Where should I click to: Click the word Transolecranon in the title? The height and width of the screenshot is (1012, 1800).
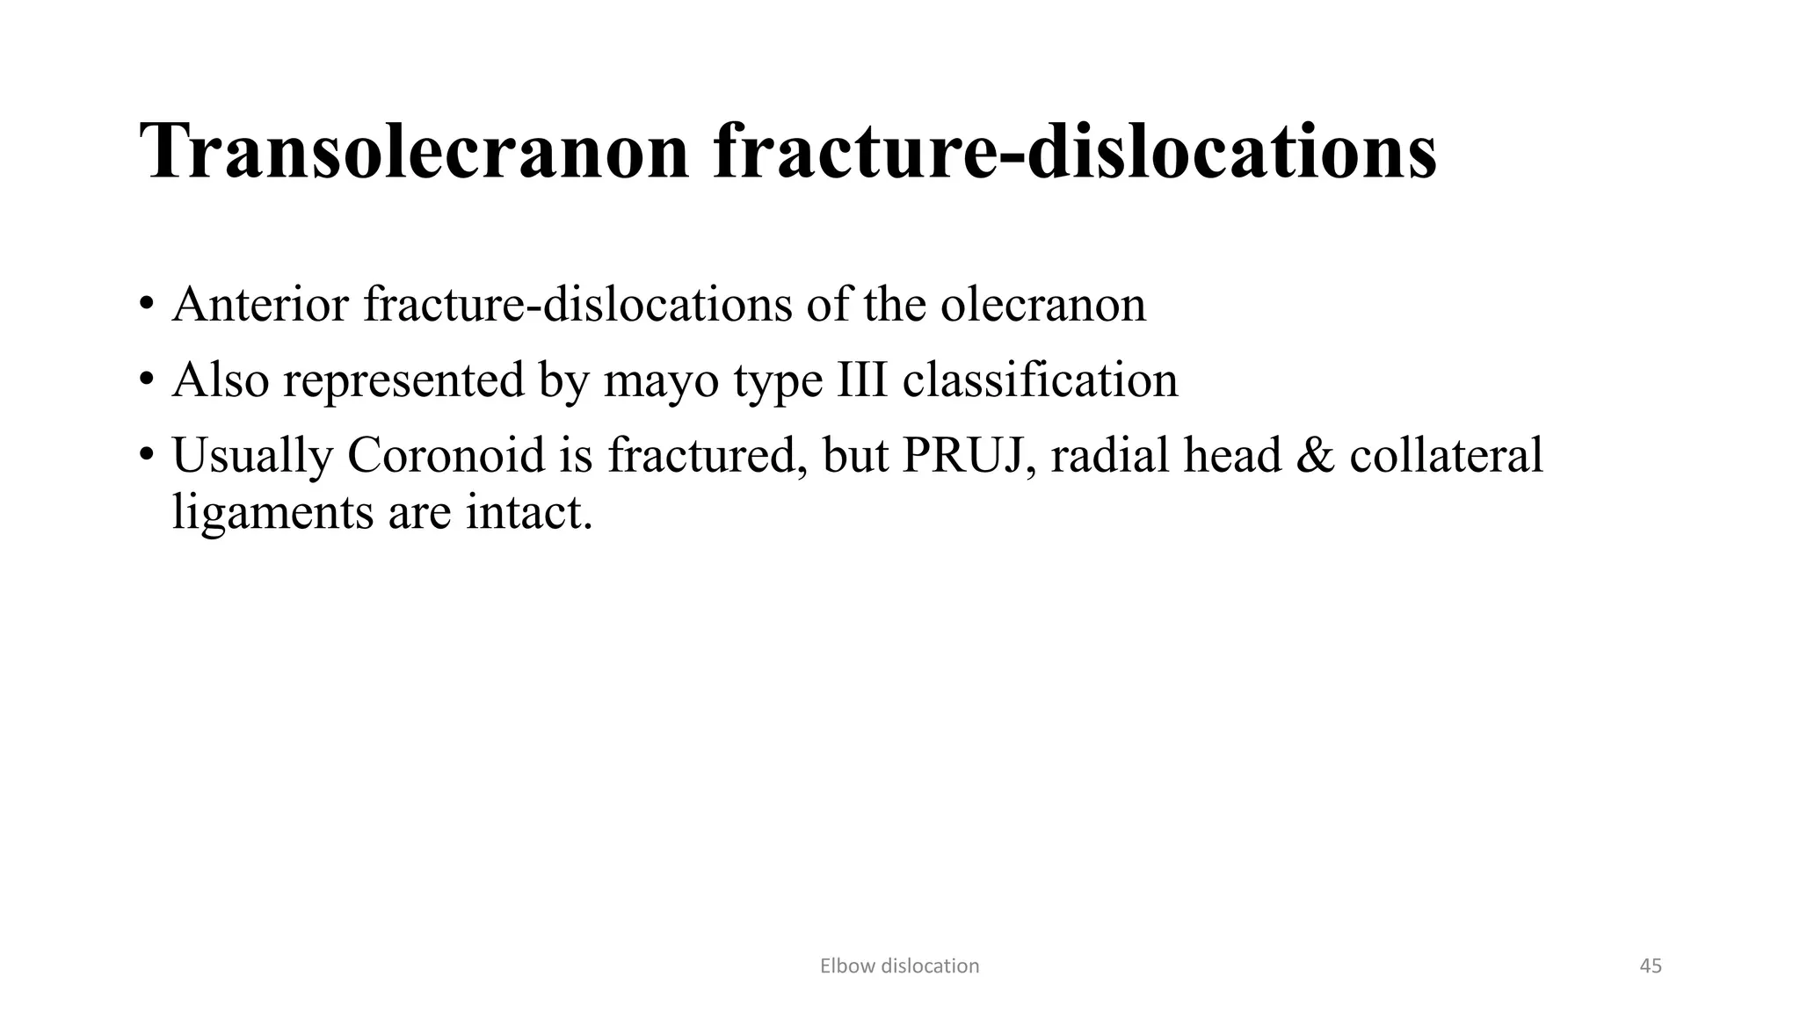point(415,153)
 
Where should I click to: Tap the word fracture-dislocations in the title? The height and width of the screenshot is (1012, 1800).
point(1074,153)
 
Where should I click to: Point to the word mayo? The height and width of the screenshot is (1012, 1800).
point(660,380)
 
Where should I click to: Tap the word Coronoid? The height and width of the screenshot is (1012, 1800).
point(446,455)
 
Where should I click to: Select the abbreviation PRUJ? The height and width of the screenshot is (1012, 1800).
point(962,455)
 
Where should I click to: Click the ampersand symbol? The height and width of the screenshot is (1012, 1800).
point(1316,455)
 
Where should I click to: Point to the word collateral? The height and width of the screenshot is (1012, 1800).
point(1447,455)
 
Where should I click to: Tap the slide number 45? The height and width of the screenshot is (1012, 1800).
point(1651,966)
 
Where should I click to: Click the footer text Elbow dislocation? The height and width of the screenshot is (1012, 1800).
point(899,966)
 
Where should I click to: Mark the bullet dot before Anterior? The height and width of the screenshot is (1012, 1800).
point(146,307)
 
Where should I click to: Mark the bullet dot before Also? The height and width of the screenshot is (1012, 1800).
point(146,382)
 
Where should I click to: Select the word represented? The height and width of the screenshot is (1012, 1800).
point(403,380)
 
